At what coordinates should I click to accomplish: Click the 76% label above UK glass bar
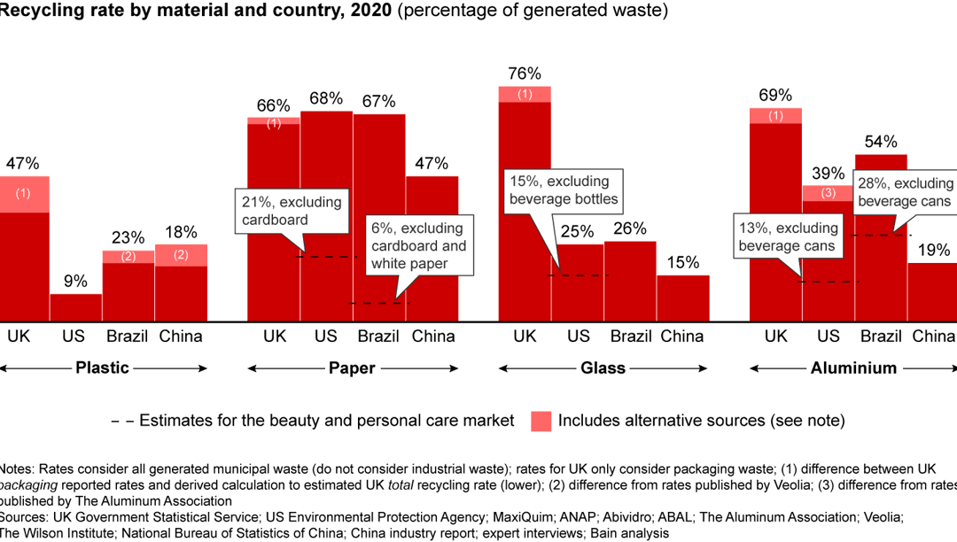click(x=525, y=74)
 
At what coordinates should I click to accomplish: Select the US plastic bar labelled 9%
click(x=75, y=307)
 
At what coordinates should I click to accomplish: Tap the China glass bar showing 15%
click(x=682, y=298)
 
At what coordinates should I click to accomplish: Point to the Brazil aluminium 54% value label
click(x=881, y=142)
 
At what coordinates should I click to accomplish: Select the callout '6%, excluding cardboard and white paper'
click(x=418, y=246)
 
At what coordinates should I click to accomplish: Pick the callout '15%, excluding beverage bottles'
click(x=563, y=190)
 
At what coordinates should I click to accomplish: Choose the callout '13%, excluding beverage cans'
click(x=788, y=237)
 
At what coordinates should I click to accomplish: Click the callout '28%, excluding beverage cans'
click(x=904, y=192)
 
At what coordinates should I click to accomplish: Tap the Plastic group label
click(x=102, y=368)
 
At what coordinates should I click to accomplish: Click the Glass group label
click(x=603, y=368)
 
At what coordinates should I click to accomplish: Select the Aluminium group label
click(x=853, y=368)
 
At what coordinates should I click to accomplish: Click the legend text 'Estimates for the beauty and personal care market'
click(x=326, y=421)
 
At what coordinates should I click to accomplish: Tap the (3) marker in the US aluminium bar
click(x=828, y=193)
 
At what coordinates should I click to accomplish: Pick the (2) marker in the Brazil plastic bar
click(x=128, y=257)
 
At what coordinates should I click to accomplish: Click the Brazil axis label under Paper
click(x=379, y=337)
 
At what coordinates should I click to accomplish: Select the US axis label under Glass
click(x=578, y=337)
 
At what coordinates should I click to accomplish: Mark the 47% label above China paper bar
click(x=432, y=164)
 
